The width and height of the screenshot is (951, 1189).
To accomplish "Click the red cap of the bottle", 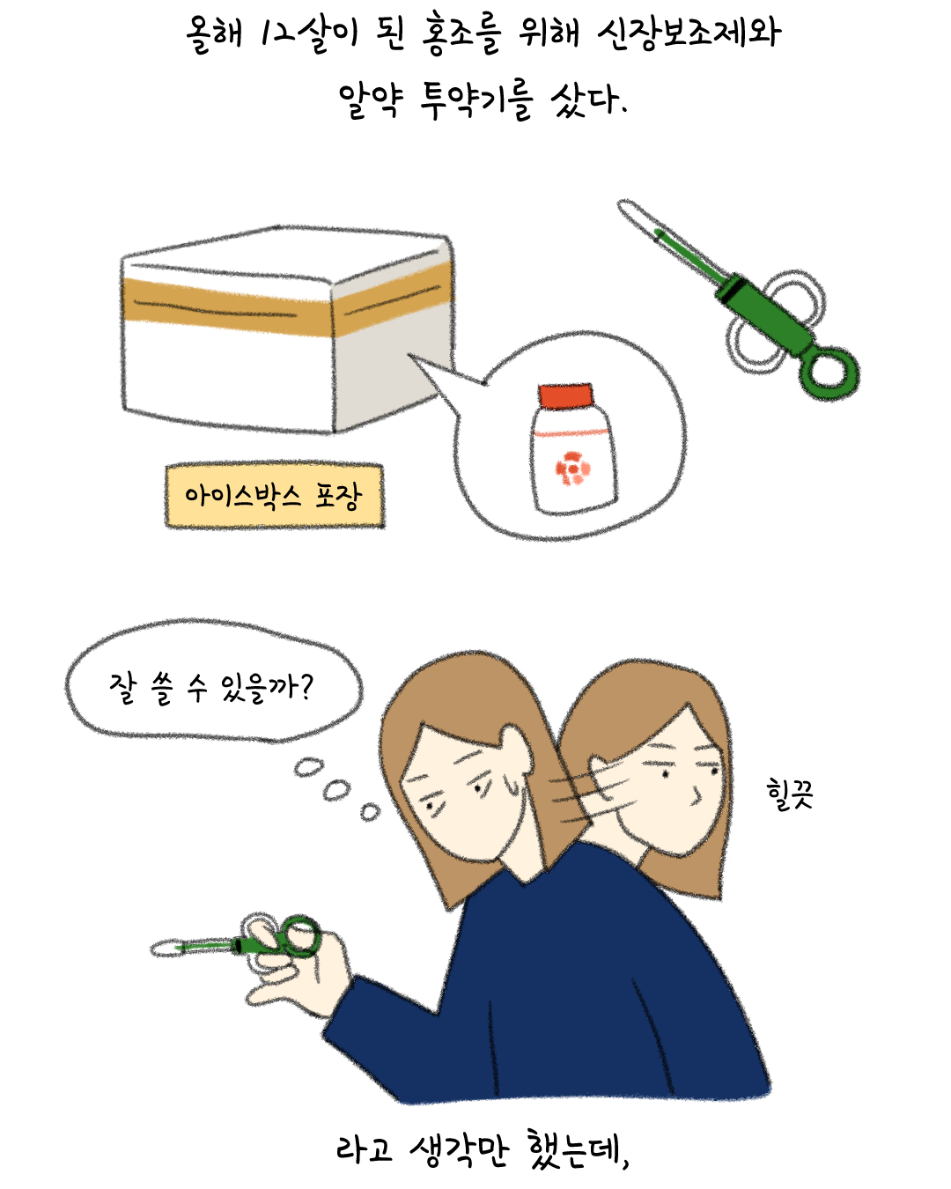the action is pos(565,396).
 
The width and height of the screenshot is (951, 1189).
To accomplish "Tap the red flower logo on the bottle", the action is pos(573,469).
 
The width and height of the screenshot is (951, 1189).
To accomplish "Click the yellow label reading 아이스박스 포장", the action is pos(274,496).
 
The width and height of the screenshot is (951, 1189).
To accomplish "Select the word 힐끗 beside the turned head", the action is pos(790,794).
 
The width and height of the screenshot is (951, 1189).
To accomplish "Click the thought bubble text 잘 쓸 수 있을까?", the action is pos(211,688).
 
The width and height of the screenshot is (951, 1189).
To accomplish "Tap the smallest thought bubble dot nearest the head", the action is pos(370,813).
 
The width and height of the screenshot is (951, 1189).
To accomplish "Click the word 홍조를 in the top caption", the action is pos(461,34).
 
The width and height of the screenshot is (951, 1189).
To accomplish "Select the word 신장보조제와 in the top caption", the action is pos(689,33).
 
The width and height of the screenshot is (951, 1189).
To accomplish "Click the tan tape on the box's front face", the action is pos(226,308).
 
